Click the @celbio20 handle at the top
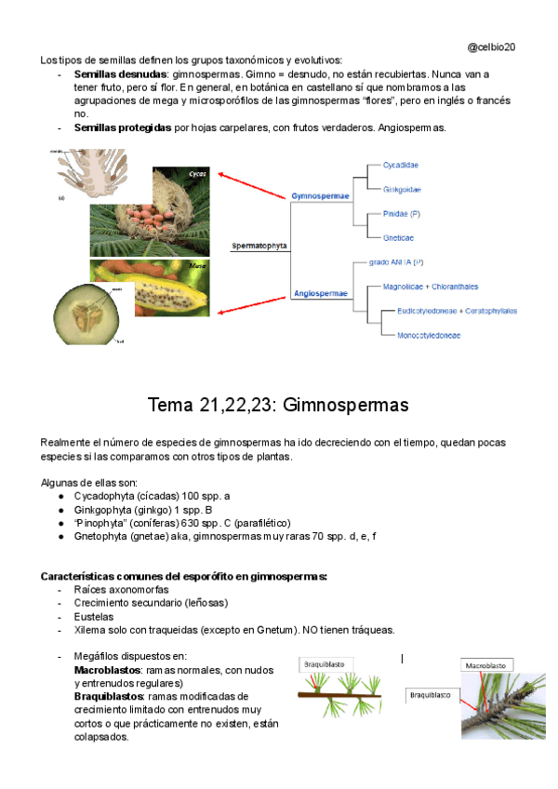(x=492, y=46)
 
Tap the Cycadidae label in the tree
(x=401, y=165)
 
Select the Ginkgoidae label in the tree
(x=402, y=189)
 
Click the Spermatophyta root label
(x=259, y=247)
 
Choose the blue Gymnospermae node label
(x=320, y=196)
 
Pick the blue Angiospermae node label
(x=320, y=293)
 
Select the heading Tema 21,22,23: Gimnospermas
(x=278, y=406)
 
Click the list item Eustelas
(x=94, y=616)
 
